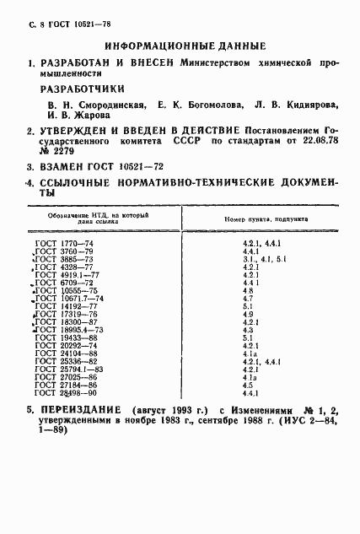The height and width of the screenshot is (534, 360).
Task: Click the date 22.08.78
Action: pyautogui.click(x=326, y=142)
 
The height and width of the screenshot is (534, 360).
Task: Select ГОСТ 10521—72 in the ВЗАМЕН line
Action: pyautogui.click(x=123, y=168)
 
